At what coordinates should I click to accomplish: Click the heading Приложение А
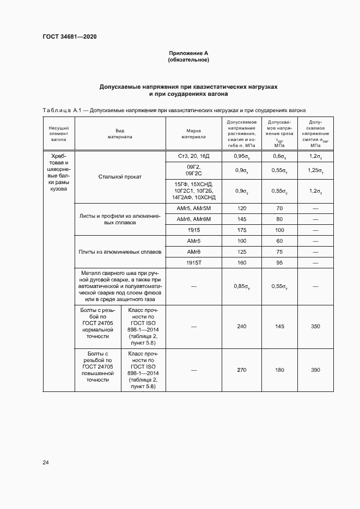(188, 53)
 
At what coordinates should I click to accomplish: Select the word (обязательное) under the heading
(188, 60)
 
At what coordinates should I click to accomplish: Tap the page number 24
(46, 462)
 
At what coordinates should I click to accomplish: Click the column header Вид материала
(120, 134)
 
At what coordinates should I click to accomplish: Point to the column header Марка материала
(194, 134)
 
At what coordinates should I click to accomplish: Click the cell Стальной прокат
(120, 176)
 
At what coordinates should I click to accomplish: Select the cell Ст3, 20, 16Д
(194, 156)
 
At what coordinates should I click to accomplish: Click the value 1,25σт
(315, 170)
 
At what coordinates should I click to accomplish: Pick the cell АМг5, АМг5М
(194, 208)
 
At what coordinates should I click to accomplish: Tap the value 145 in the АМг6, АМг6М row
(242, 219)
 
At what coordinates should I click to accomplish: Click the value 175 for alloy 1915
(242, 230)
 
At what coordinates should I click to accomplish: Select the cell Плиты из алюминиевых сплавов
(120, 252)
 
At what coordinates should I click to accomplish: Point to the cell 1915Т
(194, 263)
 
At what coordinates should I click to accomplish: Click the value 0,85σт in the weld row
(242, 286)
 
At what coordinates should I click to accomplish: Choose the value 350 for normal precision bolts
(315, 326)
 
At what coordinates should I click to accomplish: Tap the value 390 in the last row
(315, 370)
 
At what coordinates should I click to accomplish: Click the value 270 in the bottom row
(242, 370)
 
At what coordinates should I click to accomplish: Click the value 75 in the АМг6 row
(279, 252)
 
